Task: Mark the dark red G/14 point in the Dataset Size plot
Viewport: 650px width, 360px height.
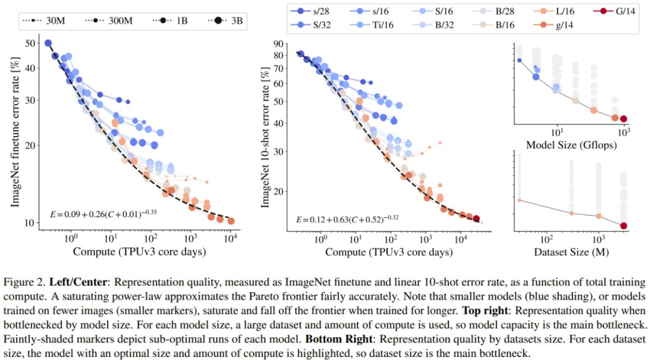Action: coord(624,226)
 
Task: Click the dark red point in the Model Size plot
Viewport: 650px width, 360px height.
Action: coord(624,119)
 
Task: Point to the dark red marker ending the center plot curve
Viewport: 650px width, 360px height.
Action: coord(476,219)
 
